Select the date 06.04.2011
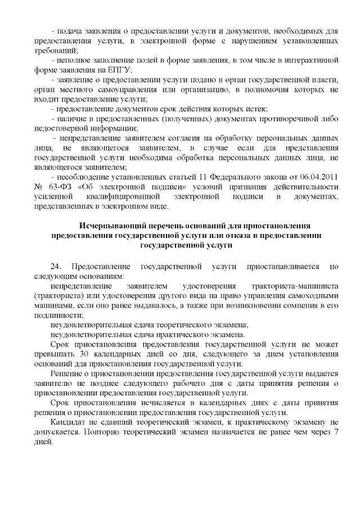pos(319,178)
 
